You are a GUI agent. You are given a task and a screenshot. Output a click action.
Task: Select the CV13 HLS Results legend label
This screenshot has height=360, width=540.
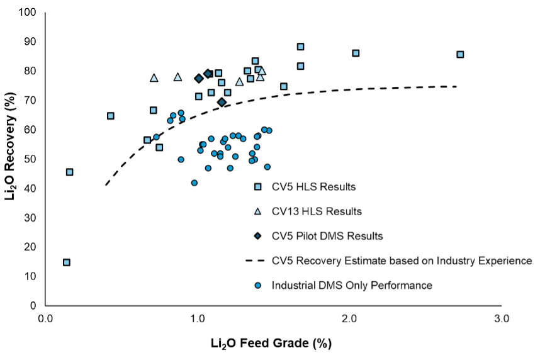pos(317,211)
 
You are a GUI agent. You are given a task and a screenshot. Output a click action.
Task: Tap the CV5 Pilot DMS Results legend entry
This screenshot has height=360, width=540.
pos(327,236)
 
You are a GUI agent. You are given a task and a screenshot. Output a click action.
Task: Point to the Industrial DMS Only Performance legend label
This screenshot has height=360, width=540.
pos(352,285)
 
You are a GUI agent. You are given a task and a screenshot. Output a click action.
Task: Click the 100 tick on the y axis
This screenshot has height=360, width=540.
pos(28,13)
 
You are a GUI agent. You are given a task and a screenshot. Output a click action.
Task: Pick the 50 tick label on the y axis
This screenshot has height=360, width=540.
pos(31,159)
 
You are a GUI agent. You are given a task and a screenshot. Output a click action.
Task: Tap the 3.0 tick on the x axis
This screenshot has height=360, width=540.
pos(501,319)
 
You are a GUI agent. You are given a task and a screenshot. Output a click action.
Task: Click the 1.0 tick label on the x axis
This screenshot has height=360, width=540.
pos(197,319)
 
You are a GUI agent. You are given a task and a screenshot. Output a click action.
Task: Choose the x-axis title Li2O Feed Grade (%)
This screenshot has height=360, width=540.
pos(271,344)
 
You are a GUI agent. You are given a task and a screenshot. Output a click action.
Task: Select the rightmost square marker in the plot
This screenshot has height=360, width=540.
pos(460,55)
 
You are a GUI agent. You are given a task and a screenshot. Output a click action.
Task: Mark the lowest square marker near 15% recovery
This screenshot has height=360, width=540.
pos(66,262)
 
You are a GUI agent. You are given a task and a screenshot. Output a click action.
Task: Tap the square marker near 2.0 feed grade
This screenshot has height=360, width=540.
pos(356,53)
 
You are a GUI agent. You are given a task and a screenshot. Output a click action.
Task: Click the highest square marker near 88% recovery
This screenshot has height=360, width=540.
pos(300,47)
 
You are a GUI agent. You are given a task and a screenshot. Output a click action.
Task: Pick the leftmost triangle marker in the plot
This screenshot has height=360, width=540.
pos(154,78)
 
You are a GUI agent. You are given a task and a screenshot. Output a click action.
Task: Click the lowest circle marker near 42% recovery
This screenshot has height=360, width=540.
pos(194,183)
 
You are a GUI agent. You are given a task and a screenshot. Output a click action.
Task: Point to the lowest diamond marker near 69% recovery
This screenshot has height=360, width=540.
pos(222,102)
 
